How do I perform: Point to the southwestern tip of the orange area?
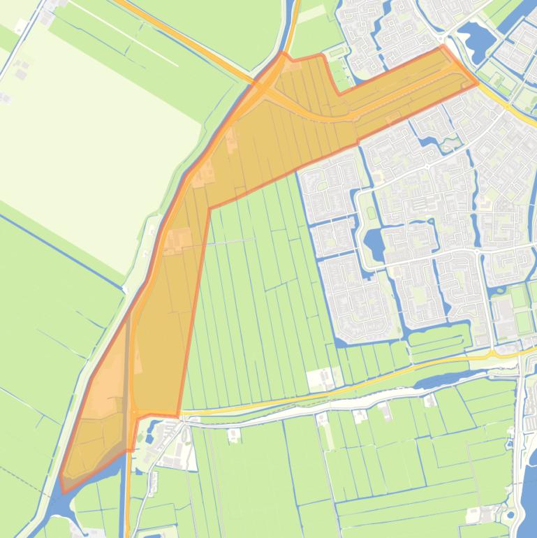pyautogui.click(x=64, y=491)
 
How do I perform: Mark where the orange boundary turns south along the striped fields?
pyautogui.click(x=209, y=208)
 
